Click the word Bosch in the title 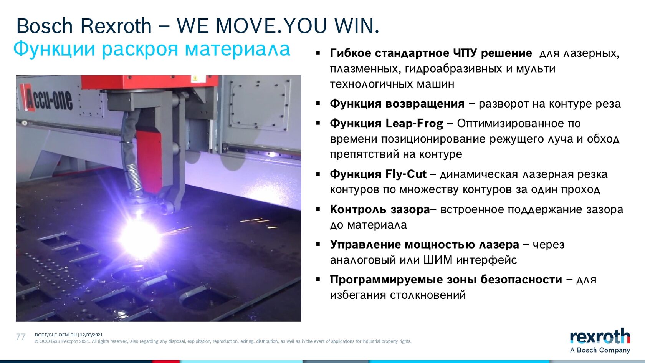point(45,26)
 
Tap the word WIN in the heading point(357,26)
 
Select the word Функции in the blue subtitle point(54,49)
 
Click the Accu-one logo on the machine point(48,99)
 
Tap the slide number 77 point(21,337)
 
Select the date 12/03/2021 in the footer point(91,335)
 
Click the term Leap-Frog point(414,124)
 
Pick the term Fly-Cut point(406,174)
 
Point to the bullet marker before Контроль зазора point(318,209)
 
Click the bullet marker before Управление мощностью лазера point(318,244)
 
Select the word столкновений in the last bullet point(428,296)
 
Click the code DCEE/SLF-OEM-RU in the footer point(56,335)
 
